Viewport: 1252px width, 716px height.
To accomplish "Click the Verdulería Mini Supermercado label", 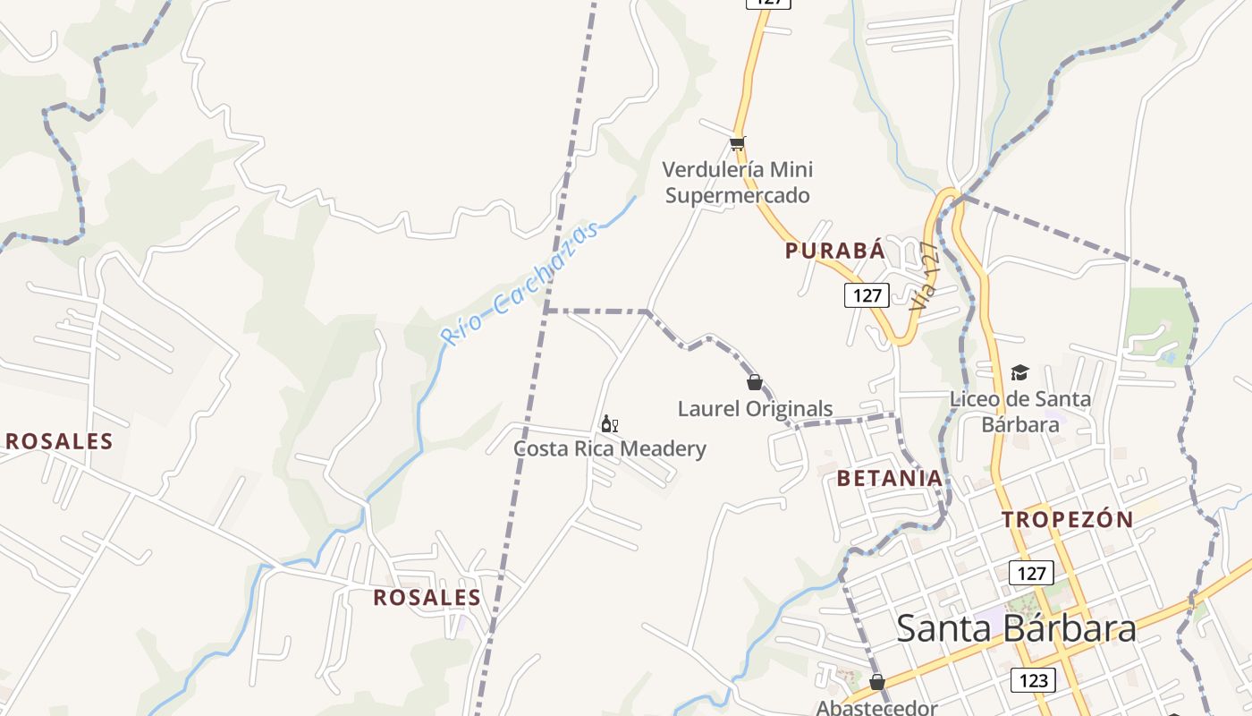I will tap(738, 182).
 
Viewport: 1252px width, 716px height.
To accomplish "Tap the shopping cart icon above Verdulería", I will tap(738, 143).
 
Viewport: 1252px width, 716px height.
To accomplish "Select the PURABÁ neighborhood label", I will tap(835, 251).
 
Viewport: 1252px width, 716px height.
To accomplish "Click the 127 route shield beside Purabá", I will tap(867, 295).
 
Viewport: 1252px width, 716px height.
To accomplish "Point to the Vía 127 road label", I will tap(924, 276).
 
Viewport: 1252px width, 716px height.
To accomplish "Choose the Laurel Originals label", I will tap(755, 409).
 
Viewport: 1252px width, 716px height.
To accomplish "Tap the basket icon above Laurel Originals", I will tap(755, 382).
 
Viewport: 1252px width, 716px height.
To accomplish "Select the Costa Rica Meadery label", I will tap(610, 448).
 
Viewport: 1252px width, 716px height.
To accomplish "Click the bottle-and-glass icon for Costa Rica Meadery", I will tap(610, 424).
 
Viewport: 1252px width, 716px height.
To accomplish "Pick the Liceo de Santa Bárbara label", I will tap(1020, 411).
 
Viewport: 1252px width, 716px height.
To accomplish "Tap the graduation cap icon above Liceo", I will tap(1019, 372).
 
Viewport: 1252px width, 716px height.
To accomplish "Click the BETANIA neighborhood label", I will tap(890, 478).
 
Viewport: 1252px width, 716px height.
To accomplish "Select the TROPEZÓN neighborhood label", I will tap(1067, 519).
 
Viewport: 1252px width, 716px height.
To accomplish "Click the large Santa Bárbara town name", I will tap(1016, 628).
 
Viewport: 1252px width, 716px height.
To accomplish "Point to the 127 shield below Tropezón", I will tap(1031, 573).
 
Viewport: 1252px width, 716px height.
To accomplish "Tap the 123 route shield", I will tap(1033, 680).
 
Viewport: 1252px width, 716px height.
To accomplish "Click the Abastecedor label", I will tap(876, 707).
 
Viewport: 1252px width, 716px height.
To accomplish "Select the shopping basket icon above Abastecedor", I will tap(877, 682).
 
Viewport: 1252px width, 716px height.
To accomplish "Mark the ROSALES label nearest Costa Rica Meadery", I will tap(427, 598).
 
